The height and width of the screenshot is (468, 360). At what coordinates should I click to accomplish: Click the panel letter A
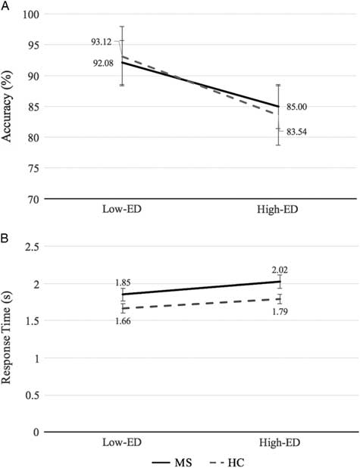pyautogui.click(x=5, y=5)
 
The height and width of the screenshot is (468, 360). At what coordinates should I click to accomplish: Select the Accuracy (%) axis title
pyautogui.click(x=10, y=106)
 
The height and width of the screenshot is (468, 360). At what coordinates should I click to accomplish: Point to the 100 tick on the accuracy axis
pyautogui.click(x=32, y=14)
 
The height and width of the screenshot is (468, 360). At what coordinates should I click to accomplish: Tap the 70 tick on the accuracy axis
pyautogui.click(x=35, y=199)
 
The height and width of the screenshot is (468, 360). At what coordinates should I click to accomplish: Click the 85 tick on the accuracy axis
pyautogui.click(x=35, y=107)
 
